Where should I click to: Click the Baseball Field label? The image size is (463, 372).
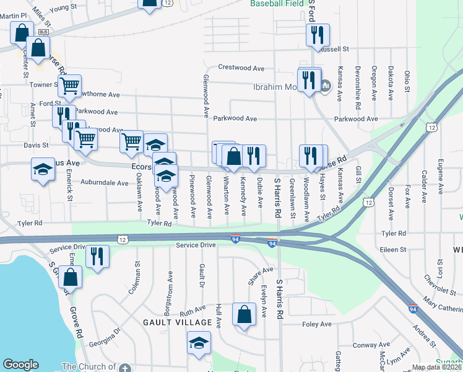point(277,4)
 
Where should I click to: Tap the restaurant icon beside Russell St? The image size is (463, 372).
point(318,37)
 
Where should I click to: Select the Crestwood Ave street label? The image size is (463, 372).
point(241,68)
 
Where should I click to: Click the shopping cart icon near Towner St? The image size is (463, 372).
point(70,86)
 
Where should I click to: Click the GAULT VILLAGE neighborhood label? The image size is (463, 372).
point(173,322)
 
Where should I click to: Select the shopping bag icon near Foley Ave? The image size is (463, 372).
point(244,315)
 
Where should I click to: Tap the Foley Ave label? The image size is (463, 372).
point(317,324)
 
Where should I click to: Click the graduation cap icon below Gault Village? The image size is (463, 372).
point(199,344)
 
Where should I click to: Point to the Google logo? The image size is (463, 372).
point(20,365)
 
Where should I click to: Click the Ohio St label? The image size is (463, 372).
point(407,81)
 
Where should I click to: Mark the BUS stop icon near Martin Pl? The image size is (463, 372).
point(43,32)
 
